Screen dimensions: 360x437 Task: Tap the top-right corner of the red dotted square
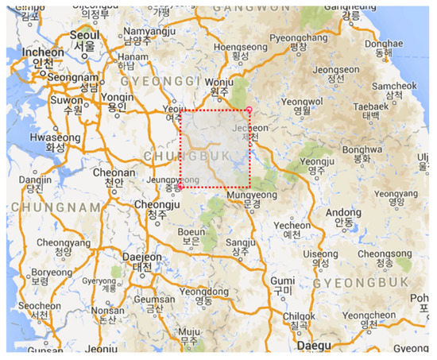click(x=249, y=110)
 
